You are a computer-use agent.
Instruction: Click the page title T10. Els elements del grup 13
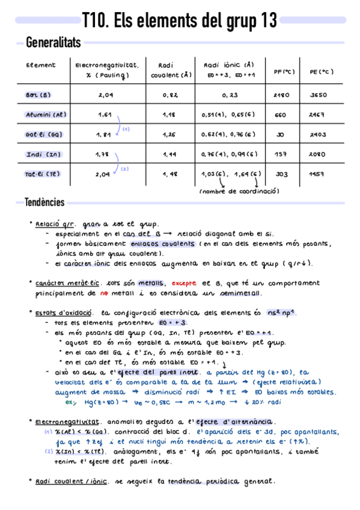click(x=180, y=20)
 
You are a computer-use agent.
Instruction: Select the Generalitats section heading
click(x=53, y=42)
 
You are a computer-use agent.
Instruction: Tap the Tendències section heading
click(x=44, y=202)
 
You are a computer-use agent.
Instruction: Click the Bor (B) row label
click(x=38, y=95)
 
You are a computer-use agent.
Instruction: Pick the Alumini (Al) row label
click(x=46, y=115)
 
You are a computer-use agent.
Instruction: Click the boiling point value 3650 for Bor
click(x=318, y=95)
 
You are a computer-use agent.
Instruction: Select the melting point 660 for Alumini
click(x=280, y=115)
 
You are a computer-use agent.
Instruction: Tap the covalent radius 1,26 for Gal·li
click(x=169, y=135)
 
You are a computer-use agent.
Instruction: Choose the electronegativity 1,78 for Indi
click(x=103, y=155)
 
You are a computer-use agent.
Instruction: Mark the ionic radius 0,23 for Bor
click(x=229, y=95)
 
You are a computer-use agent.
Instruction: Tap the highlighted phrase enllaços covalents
click(x=162, y=244)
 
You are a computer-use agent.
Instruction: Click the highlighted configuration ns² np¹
click(x=285, y=313)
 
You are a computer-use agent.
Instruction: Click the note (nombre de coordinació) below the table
click(x=239, y=191)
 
